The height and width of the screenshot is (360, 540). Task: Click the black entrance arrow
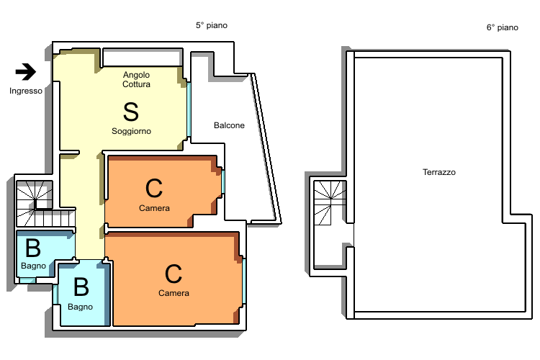coord(26,72)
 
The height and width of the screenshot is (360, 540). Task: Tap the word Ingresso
coord(26,91)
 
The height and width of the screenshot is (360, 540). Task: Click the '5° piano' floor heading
coord(212,25)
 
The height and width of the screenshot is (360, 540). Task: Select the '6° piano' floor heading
coord(502,27)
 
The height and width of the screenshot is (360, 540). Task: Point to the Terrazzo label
coord(439,172)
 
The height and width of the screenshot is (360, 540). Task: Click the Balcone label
coord(229,125)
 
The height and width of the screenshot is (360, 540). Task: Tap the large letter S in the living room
coord(131,112)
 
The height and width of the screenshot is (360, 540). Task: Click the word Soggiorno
coord(131,131)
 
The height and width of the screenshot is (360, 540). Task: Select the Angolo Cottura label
coord(136,80)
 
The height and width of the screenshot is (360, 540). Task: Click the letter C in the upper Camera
coord(154,188)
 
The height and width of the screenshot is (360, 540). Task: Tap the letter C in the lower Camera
coord(174,274)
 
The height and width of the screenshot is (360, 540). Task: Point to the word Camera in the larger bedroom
coord(174,293)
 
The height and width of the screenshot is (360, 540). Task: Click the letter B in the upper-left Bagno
coord(33,248)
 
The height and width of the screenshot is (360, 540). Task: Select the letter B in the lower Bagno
coord(81,287)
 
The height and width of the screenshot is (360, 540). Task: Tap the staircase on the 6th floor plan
coord(330,202)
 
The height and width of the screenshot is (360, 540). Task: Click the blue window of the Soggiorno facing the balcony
coord(189,109)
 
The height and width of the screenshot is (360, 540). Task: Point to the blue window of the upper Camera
coord(223,181)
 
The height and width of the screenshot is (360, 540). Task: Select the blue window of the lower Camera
coord(244,281)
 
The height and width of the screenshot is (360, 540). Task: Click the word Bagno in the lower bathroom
coord(80,307)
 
